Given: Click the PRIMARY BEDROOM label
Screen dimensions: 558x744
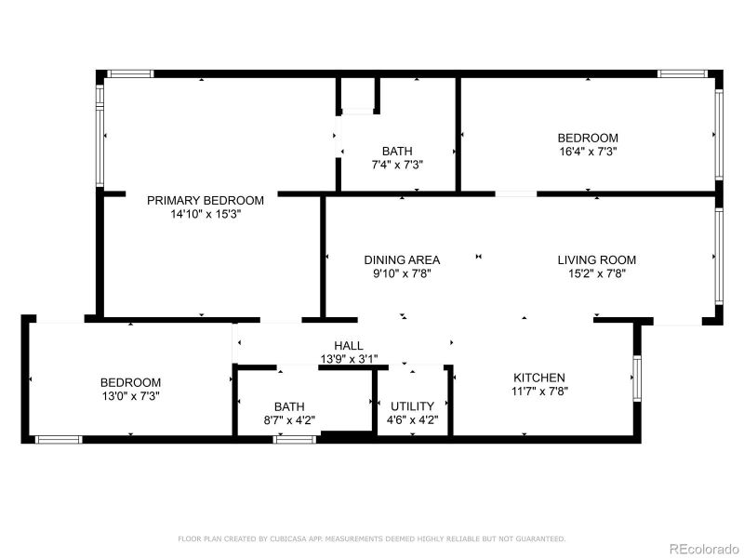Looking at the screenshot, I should point(205,200).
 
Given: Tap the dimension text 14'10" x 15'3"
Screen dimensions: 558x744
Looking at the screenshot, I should point(205,213).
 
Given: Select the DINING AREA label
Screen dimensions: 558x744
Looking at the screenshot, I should point(402,259).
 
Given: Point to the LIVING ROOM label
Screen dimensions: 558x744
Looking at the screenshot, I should point(596,259).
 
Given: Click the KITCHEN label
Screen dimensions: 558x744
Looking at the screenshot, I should point(539,378).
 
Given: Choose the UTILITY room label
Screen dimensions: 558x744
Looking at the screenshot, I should point(412,405).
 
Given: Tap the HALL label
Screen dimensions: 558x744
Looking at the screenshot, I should point(349,346).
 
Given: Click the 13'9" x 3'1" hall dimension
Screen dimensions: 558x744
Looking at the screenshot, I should point(349,359).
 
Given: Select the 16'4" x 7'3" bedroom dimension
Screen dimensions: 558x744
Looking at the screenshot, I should point(587,151).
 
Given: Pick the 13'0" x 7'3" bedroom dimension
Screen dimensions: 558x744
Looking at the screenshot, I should point(130,396).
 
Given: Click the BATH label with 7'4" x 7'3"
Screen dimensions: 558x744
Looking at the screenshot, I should point(397,151).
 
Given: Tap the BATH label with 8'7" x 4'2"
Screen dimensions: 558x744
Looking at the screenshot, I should point(289,406).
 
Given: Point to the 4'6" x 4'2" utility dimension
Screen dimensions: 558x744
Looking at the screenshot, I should point(412,419).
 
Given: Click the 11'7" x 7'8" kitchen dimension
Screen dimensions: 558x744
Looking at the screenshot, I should point(539,392).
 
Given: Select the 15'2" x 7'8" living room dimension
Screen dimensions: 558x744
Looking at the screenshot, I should point(596,273).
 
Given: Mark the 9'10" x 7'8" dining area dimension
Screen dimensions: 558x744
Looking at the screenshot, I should point(402,273).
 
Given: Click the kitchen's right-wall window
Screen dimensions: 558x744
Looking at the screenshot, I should point(637,378).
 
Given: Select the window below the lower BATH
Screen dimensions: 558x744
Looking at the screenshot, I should point(295,439).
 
